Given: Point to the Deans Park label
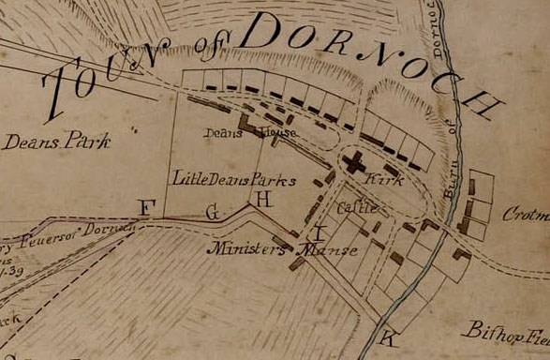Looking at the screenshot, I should point(55,142).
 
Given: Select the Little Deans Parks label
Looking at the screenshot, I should point(234,177).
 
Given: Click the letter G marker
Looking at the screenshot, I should point(213,213).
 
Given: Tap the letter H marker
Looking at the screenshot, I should point(262,199).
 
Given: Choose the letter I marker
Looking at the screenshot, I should point(320,231).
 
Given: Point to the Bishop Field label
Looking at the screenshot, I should point(507,331).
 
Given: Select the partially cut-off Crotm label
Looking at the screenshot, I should point(526,215).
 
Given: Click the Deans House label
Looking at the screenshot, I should point(250,133).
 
